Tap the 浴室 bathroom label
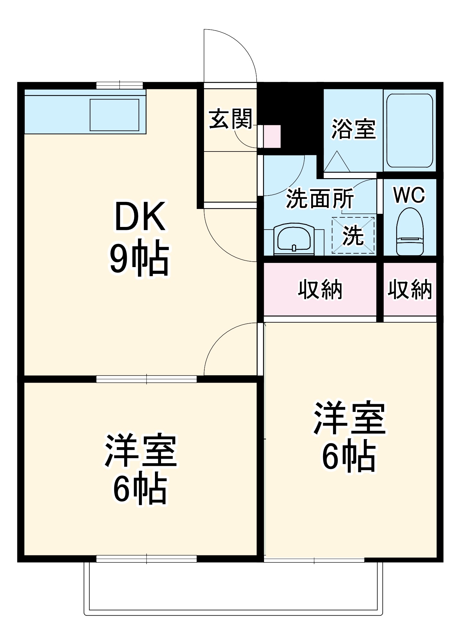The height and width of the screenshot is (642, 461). coord(353,129)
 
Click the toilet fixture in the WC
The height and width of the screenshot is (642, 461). coord(410,232)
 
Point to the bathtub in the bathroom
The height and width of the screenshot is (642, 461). coord(410,130)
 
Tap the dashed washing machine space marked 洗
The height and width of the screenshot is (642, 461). coord(353,235)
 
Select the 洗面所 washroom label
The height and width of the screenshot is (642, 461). coord(320,199)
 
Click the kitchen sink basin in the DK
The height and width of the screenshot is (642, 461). coord(114,115)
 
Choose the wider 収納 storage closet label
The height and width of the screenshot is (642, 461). coord(320,290)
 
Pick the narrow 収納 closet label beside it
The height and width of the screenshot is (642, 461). coord(409,290)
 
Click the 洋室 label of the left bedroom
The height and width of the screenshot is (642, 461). coord(140,451)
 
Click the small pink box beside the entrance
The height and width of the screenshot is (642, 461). coord(271,136)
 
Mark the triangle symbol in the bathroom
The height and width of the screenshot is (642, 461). coord(337,162)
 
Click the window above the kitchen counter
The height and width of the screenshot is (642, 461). coord(120,85)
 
